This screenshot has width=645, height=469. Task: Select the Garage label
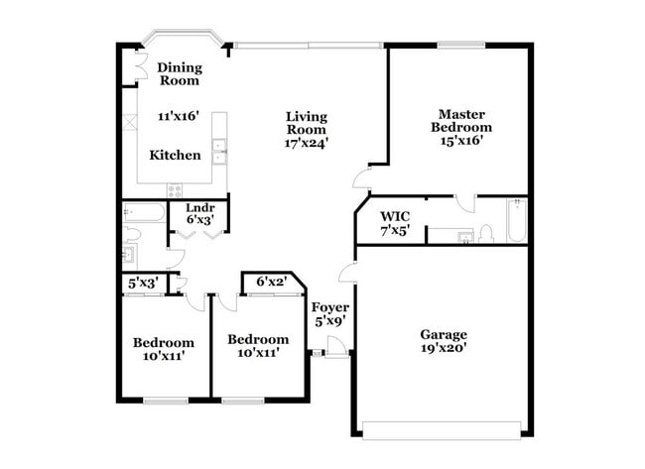coord(443,334)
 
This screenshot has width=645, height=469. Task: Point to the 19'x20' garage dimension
coord(443,348)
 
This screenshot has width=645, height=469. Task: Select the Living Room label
coord(306,122)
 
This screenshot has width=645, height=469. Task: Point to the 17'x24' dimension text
coord(306,143)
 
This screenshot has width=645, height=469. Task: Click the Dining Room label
coord(180,73)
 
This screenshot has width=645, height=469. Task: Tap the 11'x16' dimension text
coord(179,116)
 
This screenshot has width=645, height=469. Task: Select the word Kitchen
coord(175,156)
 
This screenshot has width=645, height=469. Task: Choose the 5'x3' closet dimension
coord(142,283)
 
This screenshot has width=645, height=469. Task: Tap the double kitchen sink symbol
coord(221,155)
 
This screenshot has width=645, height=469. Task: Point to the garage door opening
coord(443,429)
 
